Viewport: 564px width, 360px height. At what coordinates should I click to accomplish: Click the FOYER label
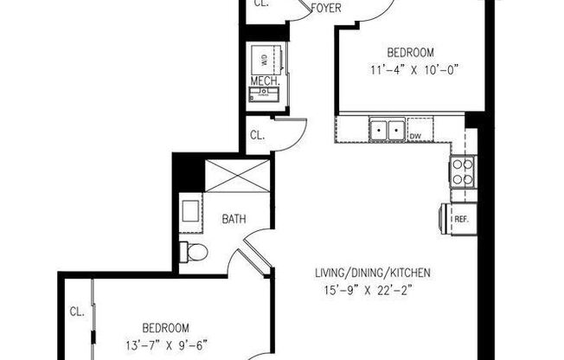[x=324, y=10]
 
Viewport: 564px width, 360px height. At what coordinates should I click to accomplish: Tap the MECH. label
[x=263, y=81]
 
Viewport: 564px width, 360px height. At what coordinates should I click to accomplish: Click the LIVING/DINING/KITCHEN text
[x=372, y=274]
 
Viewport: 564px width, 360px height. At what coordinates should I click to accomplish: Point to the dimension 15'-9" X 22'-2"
[x=373, y=291]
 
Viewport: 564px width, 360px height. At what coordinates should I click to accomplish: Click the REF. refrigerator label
[x=462, y=220]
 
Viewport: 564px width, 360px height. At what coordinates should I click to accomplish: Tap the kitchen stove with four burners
[x=462, y=172]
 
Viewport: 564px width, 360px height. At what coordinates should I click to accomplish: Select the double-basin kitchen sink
[x=388, y=130]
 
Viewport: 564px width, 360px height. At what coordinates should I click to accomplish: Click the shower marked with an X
[x=235, y=176]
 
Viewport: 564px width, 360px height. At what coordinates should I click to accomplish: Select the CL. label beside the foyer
[x=261, y=3]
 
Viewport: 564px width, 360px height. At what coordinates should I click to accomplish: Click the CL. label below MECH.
[x=257, y=135]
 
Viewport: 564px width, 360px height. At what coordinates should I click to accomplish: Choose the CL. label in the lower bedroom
[x=76, y=312]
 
